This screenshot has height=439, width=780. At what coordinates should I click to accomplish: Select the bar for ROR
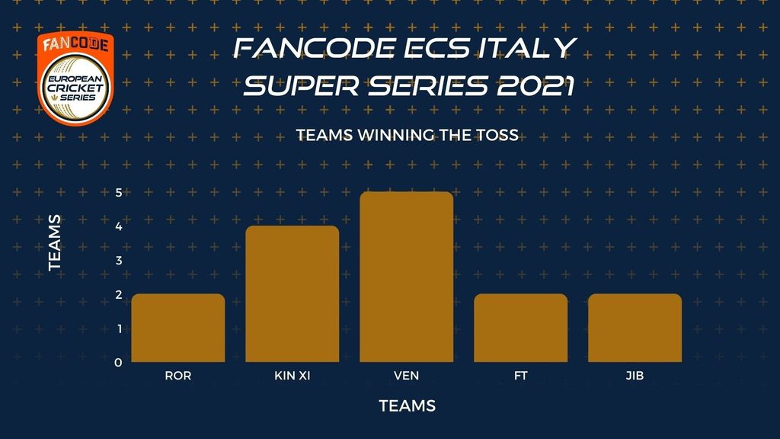178,328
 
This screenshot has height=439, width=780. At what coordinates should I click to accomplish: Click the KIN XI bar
292,293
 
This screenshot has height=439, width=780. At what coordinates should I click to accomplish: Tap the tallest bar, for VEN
407,277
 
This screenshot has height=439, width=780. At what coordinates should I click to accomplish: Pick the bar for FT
521,328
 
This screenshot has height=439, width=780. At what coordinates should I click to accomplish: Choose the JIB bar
635,328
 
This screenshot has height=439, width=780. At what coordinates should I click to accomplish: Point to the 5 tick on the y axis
118,192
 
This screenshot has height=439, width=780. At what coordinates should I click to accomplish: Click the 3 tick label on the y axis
118,261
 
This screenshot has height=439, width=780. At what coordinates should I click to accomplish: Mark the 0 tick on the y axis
118,362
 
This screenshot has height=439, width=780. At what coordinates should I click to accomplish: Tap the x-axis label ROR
178,376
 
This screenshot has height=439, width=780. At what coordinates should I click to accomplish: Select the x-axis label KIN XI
292,376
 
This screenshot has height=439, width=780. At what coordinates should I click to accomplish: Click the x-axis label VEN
407,376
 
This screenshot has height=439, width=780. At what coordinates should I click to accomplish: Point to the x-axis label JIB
635,376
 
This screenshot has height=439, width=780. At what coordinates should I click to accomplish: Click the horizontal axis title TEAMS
408,406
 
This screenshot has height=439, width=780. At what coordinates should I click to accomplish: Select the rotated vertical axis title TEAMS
55,243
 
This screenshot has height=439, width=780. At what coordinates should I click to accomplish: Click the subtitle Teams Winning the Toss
408,135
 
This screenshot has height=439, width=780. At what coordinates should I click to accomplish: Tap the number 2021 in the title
535,85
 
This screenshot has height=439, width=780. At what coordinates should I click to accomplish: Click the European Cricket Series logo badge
75,79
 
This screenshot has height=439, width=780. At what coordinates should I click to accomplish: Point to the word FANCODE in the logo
75,44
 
